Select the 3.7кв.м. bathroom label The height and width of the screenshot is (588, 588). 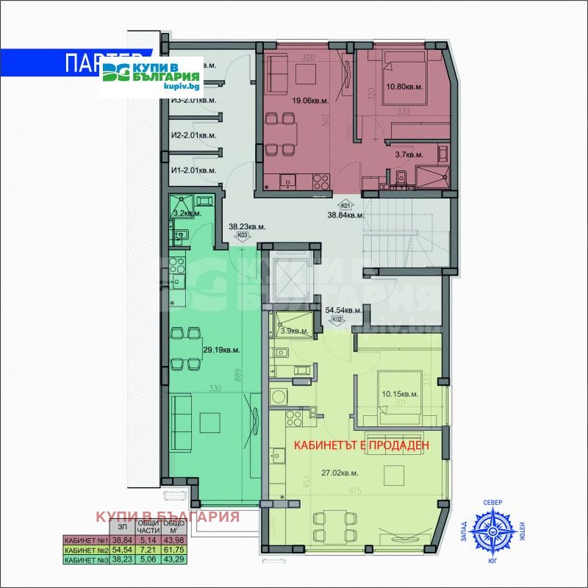click(x=409, y=155)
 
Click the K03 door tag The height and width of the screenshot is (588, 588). click(x=242, y=236)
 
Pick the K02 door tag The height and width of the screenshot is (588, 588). click(x=338, y=319)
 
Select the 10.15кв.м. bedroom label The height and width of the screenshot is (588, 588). click(x=400, y=393)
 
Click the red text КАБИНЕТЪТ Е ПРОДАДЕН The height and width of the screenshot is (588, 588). click(x=361, y=445)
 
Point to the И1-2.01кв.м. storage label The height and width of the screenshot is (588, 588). click(x=193, y=171)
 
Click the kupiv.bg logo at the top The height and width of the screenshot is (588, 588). click(x=151, y=76)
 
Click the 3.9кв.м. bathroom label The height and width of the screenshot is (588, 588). click(x=290, y=331)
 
